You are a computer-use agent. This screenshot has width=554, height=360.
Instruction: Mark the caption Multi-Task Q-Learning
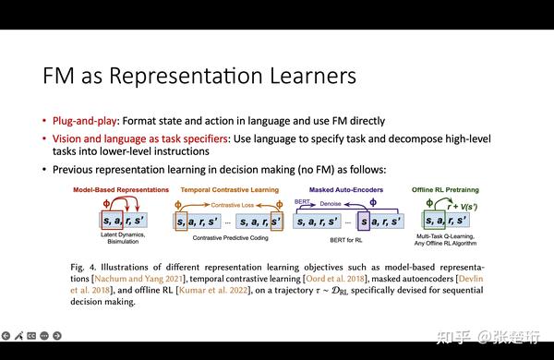(x=441, y=238)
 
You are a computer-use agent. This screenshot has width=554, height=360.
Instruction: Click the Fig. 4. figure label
(x=84, y=267)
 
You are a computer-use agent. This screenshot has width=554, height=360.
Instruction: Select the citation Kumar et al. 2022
(x=181, y=290)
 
